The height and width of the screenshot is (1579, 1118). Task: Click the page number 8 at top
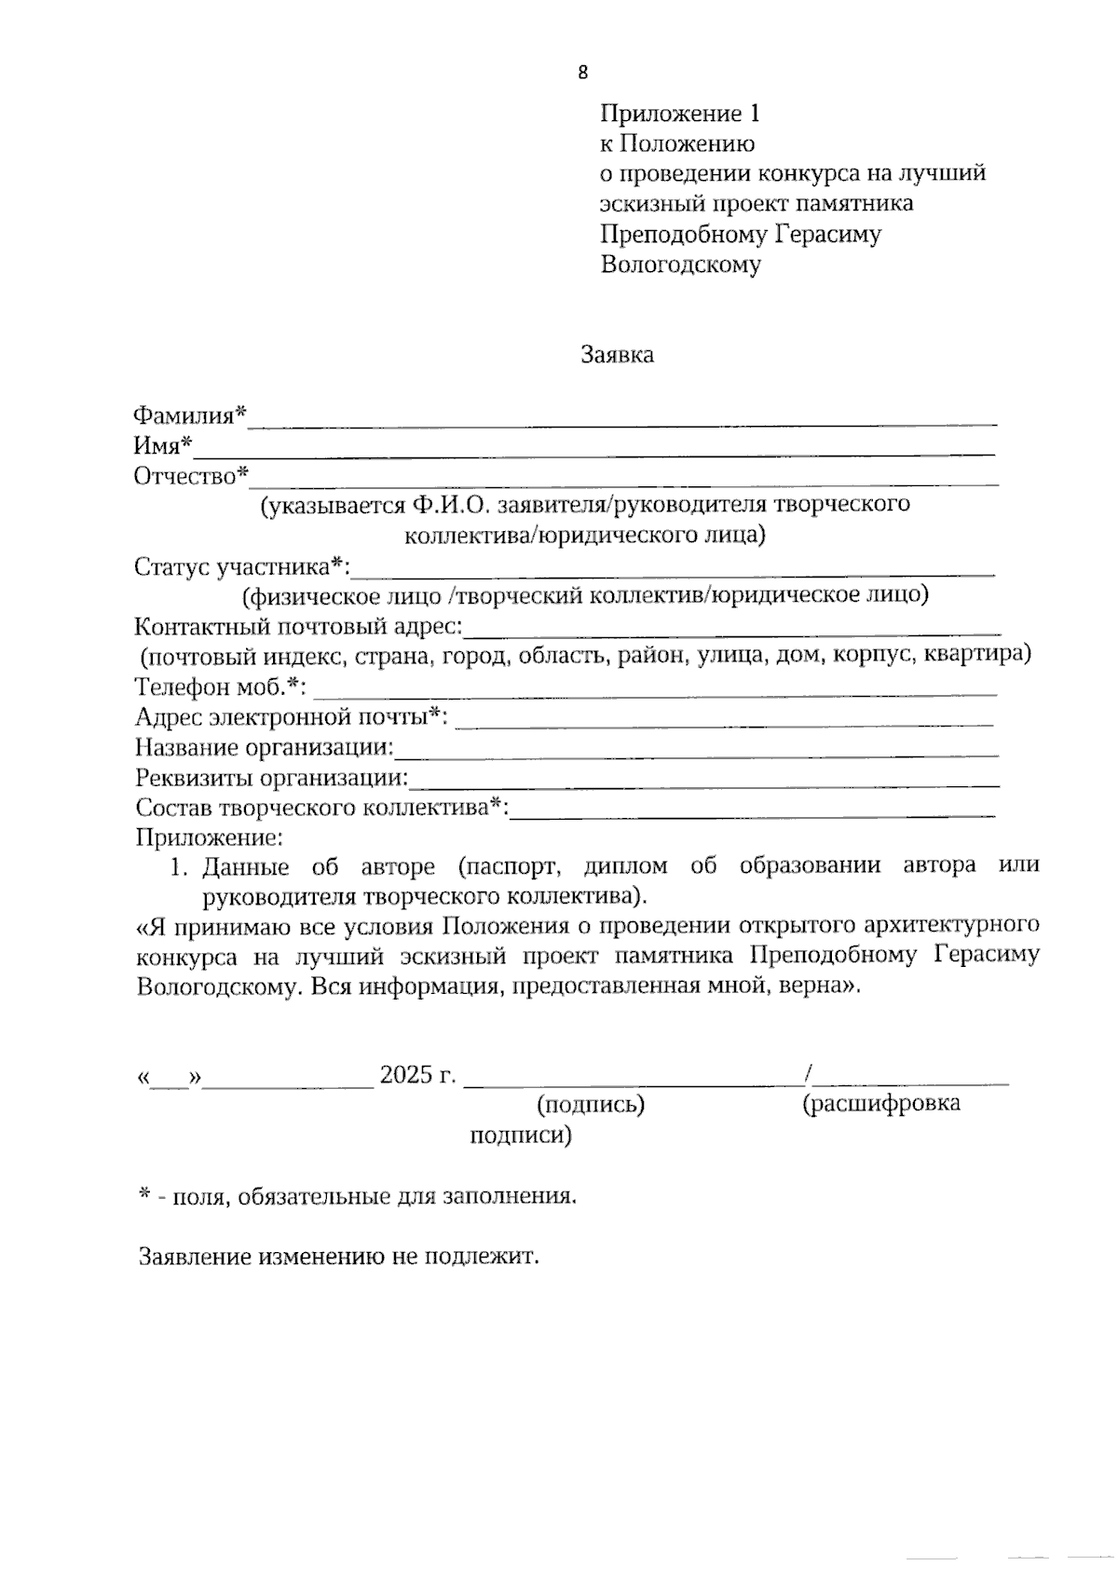[x=583, y=74]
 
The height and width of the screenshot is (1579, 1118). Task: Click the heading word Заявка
[x=617, y=355]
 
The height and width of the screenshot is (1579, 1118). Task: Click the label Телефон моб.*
[x=221, y=687]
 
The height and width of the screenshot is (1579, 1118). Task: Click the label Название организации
[x=265, y=748]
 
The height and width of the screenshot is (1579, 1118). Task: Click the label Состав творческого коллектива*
[x=321, y=808]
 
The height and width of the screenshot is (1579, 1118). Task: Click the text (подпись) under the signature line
[x=591, y=1105]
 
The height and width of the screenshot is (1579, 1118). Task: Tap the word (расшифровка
[x=880, y=1104]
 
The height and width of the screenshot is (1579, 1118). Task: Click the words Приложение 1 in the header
[x=680, y=114]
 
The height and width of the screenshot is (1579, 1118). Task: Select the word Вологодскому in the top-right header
[x=680, y=265]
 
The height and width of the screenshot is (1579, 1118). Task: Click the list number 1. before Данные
[x=180, y=867]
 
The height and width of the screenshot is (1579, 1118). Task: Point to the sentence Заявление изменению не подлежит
[x=339, y=1257]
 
